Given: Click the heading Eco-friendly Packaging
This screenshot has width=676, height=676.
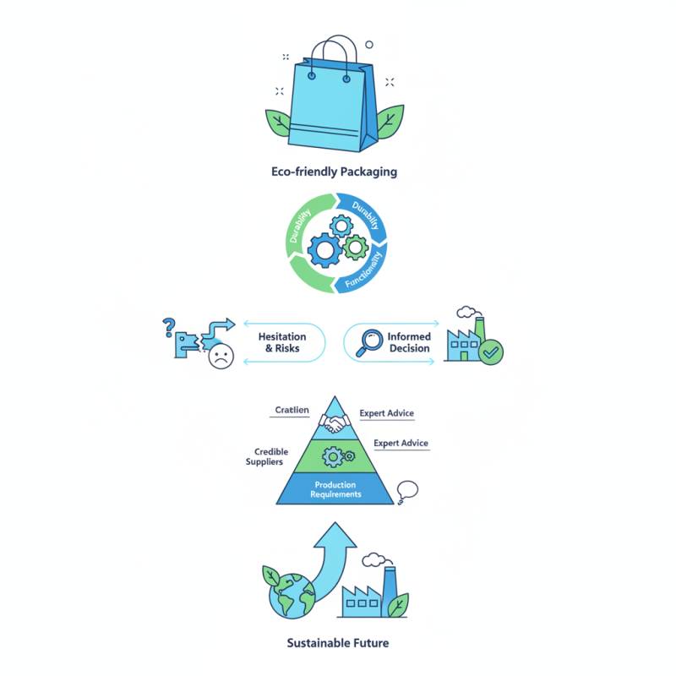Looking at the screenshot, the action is (x=334, y=172).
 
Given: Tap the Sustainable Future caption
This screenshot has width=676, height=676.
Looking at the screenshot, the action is (x=338, y=643).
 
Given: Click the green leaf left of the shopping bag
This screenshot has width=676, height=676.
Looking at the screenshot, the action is (x=278, y=123).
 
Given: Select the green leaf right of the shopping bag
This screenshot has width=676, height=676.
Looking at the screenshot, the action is (x=390, y=121).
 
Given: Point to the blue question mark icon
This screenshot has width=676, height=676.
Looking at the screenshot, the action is (x=168, y=327).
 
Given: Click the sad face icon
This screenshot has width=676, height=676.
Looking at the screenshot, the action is (x=221, y=356).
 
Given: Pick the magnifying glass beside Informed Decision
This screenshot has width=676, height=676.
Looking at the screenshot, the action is (x=369, y=342).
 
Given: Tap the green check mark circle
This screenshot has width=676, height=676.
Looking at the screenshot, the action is (x=491, y=352).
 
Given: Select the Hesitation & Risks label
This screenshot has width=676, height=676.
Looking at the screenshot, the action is (x=282, y=342).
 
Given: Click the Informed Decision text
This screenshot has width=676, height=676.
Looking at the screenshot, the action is (x=409, y=342).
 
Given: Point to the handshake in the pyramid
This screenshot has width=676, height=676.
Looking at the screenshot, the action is (x=335, y=423).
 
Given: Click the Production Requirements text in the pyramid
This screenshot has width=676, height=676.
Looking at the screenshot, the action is (x=335, y=489).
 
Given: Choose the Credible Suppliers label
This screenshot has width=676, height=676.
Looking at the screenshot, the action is (x=267, y=456).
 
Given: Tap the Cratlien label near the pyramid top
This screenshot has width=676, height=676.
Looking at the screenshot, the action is (x=292, y=410).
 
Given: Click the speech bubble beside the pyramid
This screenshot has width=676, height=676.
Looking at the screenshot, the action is (x=407, y=492).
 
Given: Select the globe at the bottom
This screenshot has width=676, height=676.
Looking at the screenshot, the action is (x=292, y=596).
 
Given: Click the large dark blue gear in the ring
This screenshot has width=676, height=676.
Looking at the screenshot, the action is (x=324, y=250).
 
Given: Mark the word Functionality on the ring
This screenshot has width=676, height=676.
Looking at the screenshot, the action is (x=364, y=270).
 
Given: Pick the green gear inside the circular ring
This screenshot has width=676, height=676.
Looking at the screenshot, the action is (x=356, y=248).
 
